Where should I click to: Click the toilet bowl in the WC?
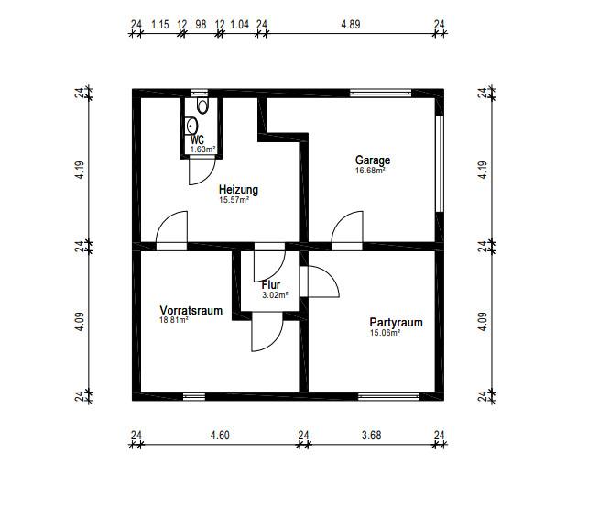point(202,105)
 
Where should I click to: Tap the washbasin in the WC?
point(191,126)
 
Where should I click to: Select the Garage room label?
point(373,160)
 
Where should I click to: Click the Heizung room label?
point(238,189)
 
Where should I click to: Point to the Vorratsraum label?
point(191,310)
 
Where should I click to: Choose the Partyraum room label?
point(396,322)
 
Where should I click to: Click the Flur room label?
point(271,285)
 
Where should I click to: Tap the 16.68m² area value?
point(370,171)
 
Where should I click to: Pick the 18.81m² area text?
point(174,320)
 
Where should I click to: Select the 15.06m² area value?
point(385,333)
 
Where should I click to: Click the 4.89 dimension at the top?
point(351,25)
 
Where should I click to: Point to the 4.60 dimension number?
point(220,435)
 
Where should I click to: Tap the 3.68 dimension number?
point(372,435)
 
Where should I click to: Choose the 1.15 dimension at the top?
point(160,25)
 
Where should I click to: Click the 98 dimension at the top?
point(201,25)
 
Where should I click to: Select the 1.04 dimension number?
point(240,25)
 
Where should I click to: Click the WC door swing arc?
point(210,177)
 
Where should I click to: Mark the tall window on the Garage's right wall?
point(440,163)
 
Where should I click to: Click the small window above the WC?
point(200,94)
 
